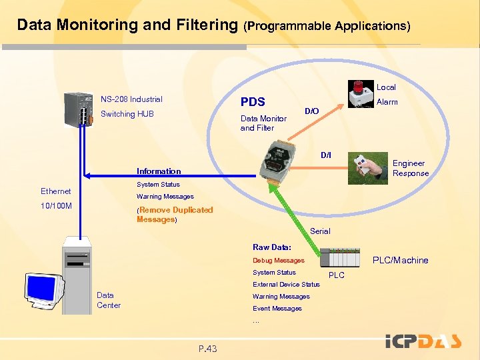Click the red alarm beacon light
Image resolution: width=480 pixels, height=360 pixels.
tap(359, 87)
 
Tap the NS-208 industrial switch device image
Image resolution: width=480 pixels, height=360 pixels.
tap(73, 109)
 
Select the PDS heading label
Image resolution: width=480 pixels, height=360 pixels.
tap(253, 102)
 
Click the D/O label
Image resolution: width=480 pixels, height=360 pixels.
tap(311, 111)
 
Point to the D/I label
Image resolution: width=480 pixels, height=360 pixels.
tap(325, 155)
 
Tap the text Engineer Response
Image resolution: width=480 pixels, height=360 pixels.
tap(411, 168)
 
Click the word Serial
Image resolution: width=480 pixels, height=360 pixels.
tap(320, 231)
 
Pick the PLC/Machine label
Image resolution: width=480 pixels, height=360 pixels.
tap(400, 260)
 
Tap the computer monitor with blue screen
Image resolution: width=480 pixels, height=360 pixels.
tap(43, 289)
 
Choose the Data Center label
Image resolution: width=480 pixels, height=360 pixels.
tap(109, 300)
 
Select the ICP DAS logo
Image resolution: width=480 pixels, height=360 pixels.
tap(423, 342)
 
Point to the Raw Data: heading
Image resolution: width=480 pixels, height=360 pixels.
tap(271, 247)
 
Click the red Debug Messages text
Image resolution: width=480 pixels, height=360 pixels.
tap(278, 260)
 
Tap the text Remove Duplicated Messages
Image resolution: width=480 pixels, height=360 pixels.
tap(175, 215)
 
